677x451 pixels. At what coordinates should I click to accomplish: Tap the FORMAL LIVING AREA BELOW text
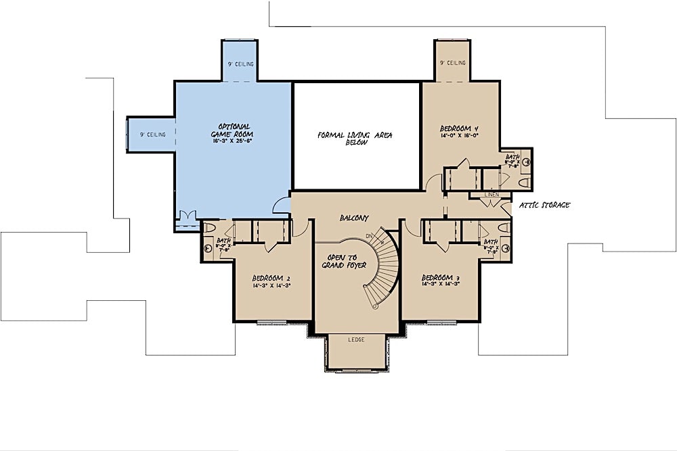click(355, 139)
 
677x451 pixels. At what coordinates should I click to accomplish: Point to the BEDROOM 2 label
click(271, 278)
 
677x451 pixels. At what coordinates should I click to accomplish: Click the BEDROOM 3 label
click(441, 278)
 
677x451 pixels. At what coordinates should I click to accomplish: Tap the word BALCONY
click(354, 218)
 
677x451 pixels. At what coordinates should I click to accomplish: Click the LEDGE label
click(356, 339)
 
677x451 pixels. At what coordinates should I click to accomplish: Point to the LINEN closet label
click(492, 195)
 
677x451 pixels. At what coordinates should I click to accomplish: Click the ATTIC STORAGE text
click(544, 205)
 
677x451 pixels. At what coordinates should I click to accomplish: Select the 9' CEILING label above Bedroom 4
click(453, 63)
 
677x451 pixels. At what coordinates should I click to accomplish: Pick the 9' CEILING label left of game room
click(153, 135)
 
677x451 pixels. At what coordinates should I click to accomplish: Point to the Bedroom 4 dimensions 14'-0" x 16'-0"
click(460, 136)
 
